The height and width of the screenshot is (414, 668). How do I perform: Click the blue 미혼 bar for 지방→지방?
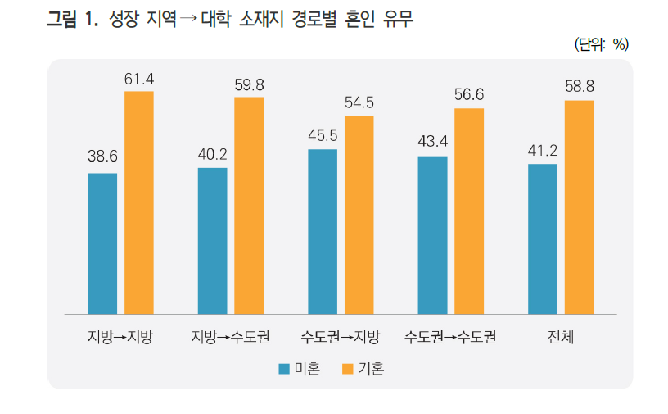point(102,243)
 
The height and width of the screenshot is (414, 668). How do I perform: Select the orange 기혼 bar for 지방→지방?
point(139,202)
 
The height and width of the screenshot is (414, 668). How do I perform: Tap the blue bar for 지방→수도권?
point(212,241)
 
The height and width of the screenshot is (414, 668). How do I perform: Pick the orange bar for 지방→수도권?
point(249,206)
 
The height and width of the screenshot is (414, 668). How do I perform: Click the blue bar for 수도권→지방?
point(323,231)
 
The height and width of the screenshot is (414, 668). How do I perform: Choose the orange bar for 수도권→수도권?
point(469,212)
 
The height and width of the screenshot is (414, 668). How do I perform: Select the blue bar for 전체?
point(542,239)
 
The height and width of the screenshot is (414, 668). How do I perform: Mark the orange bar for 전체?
point(579,207)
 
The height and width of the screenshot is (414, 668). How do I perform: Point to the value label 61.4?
point(139,80)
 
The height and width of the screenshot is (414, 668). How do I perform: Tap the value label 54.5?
point(359,103)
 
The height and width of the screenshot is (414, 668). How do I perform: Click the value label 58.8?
point(579,87)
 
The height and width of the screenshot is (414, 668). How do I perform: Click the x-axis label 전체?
point(561,337)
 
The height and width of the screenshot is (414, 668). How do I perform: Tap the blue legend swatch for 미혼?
point(284,369)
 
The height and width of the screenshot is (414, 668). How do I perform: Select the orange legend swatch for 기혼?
point(347,369)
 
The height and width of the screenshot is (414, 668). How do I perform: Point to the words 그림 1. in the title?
point(73,20)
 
